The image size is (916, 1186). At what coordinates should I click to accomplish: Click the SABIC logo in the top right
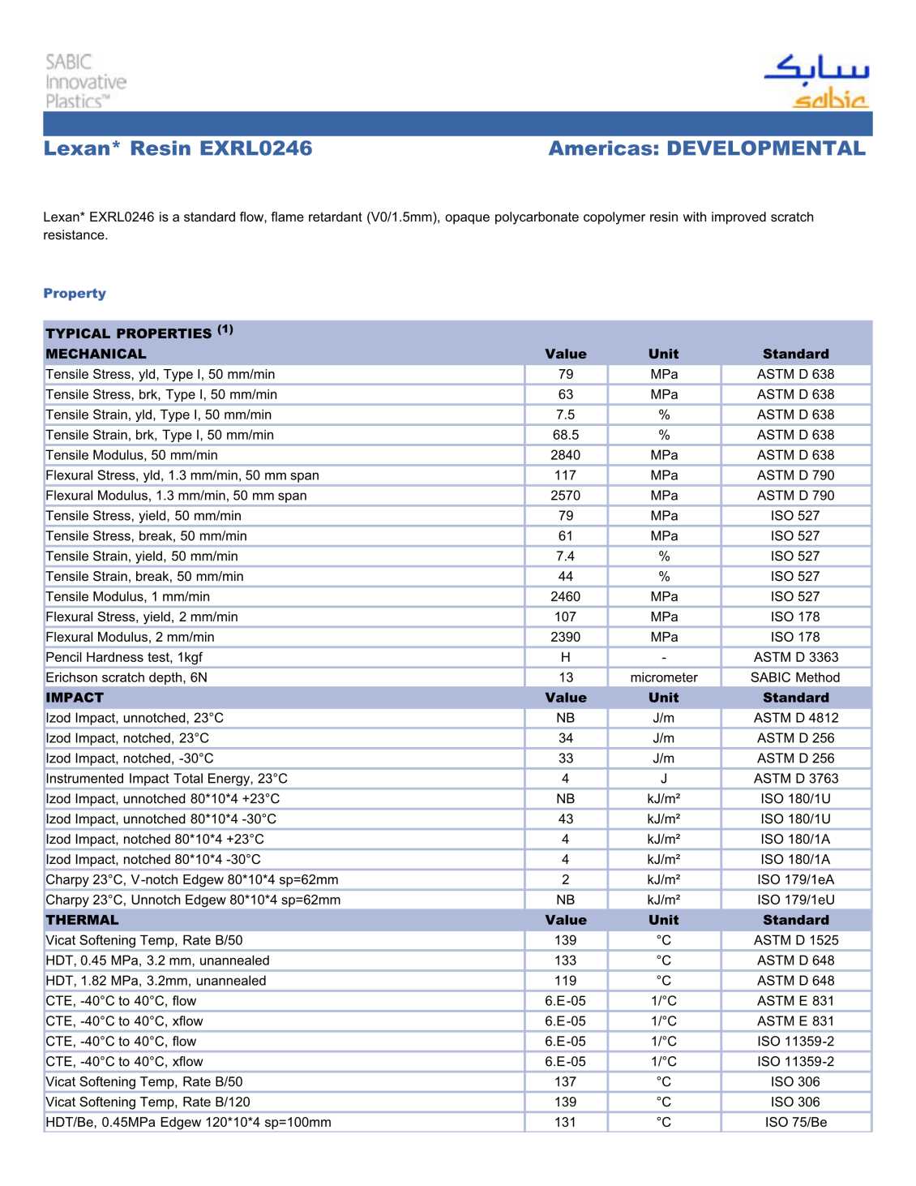tap(816, 81)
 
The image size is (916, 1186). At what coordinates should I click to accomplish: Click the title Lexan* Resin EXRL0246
tap(178, 148)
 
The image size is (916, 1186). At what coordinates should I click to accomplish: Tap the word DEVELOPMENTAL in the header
tap(765, 148)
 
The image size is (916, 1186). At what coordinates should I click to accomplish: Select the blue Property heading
tap(75, 293)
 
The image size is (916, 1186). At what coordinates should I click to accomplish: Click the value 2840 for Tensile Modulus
tap(565, 455)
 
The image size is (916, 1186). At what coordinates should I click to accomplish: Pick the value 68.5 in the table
tap(565, 435)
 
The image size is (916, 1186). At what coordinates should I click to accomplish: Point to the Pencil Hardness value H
tap(565, 657)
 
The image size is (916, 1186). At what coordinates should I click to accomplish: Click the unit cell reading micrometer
tap(663, 677)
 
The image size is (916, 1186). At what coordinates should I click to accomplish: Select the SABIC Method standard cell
tap(795, 677)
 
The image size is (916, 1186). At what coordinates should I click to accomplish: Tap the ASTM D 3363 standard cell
tap(795, 657)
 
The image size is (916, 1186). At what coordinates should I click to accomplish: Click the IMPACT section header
tap(75, 698)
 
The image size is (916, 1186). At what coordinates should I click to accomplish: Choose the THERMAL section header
tap(82, 920)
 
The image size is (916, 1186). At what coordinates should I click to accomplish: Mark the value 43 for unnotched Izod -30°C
tap(565, 819)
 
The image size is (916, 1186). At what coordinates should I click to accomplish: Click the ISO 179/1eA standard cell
tap(795, 879)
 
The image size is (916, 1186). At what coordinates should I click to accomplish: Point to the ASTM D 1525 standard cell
tap(795, 940)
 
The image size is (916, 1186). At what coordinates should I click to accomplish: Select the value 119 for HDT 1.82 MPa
tap(565, 981)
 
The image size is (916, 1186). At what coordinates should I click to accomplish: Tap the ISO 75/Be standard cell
tap(795, 1122)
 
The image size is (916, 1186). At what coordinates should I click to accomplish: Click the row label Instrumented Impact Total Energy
tap(166, 779)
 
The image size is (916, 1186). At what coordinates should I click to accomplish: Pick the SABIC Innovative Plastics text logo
tap(85, 81)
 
